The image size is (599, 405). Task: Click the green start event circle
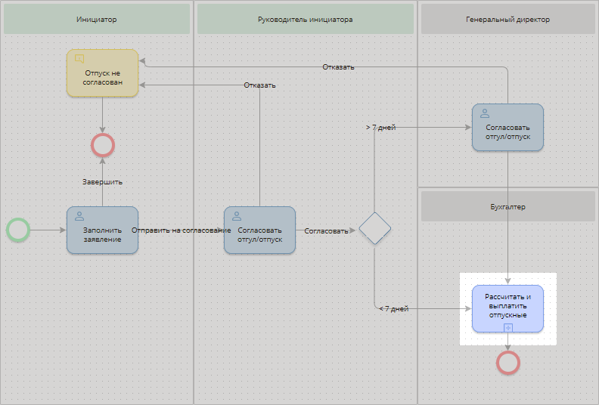click(x=17, y=230)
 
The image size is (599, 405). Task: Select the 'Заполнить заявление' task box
click(x=102, y=230)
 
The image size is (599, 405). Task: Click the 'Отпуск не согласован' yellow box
click(x=102, y=73)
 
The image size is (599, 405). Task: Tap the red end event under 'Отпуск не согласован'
click(x=102, y=144)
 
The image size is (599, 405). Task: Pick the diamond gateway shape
click(x=374, y=229)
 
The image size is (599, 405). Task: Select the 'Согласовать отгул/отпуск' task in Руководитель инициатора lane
click(x=259, y=230)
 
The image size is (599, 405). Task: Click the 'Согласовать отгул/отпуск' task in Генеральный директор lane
click(x=507, y=127)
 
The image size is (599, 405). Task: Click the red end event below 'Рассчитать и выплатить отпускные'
click(x=507, y=363)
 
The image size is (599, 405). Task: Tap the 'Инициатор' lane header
click(x=97, y=19)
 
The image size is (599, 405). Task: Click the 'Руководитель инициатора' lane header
click(x=306, y=19)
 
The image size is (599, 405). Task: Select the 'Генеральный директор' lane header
click(x=508, y=19)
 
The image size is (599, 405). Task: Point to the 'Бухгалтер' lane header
click(x=508, y=206)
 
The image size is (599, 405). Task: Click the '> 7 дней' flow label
click(x=380, y=128)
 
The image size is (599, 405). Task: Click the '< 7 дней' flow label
click(x=393, y=309)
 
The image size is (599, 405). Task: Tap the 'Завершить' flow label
click(x=102, y=182)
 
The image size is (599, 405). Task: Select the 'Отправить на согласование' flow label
click(x=181, y=230)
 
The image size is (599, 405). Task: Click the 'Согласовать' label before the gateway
click(x=326, y=231)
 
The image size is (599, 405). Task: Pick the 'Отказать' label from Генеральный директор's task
click(x=338, y=66)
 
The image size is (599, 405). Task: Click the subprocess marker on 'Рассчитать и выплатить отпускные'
click(x=508, y=327)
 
